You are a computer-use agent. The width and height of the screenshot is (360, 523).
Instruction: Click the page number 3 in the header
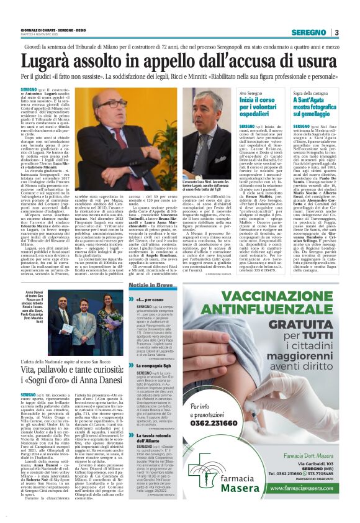point(336,32)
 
